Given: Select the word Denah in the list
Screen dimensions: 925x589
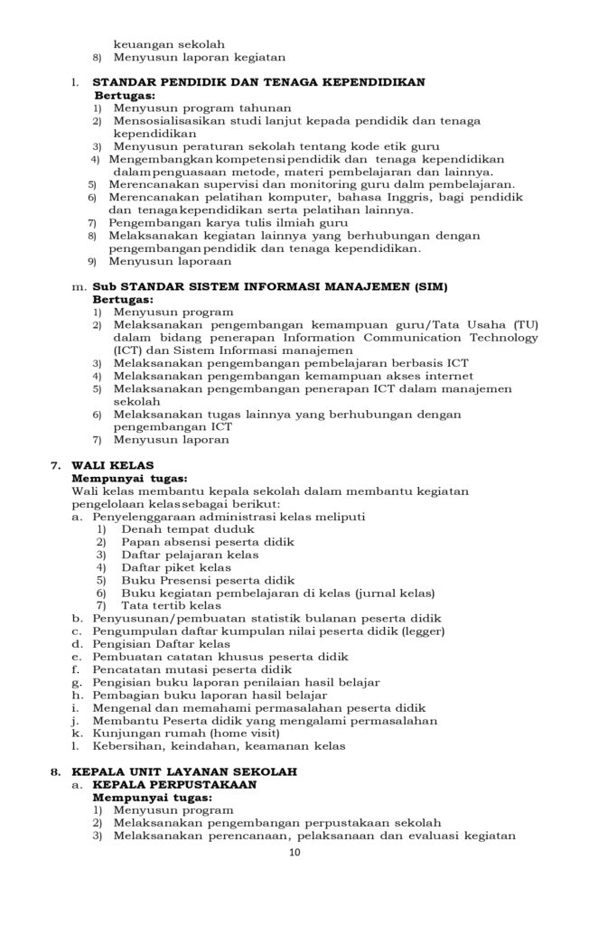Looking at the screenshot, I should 139,529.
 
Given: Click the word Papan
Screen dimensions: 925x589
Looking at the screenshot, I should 139,542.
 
